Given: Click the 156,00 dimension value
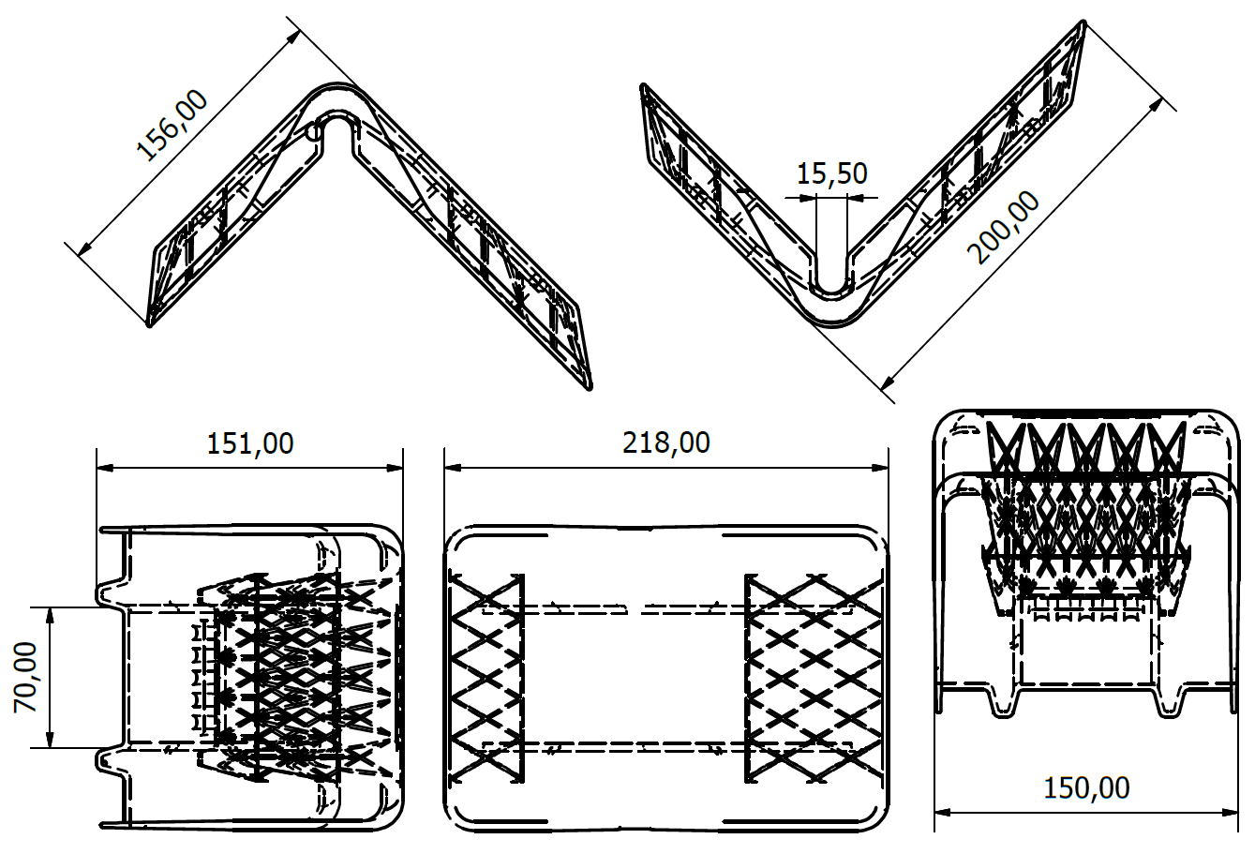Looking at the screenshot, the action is click(172, 126).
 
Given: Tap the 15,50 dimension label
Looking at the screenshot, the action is click(832, 173).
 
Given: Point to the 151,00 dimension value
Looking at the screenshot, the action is click(250, 443).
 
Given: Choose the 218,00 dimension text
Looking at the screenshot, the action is click(666, 442).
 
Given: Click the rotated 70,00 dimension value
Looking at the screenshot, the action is click(25, 678).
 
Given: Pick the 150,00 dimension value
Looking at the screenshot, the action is click(1086, 787).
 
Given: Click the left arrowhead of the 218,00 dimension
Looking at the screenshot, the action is click(452, 468).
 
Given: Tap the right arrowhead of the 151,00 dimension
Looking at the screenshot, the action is click(395, 468).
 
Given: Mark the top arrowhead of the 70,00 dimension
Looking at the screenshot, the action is click(50, 615).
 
